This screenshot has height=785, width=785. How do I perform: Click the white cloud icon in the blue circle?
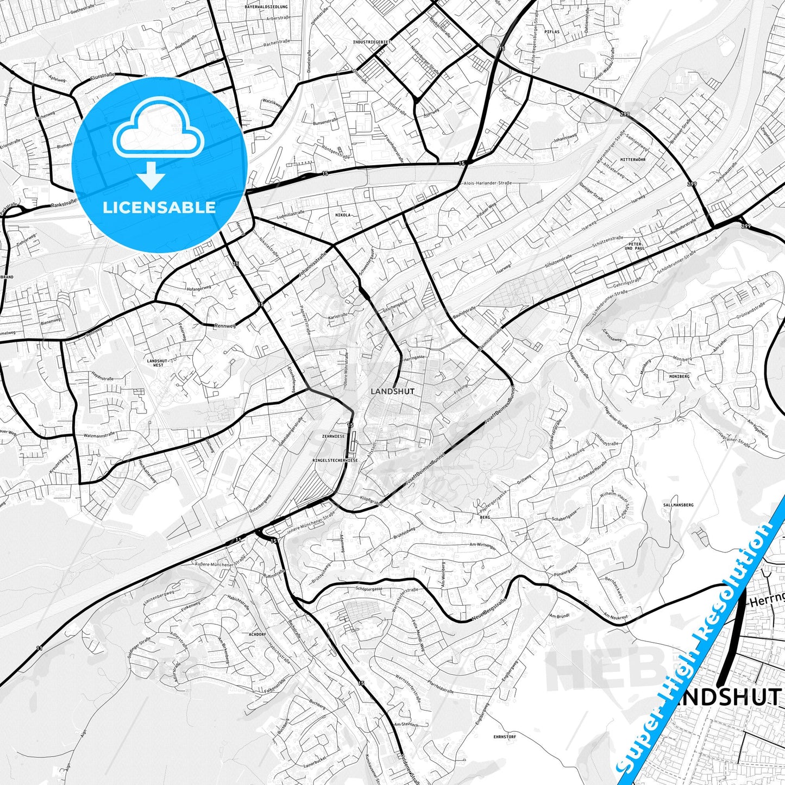[158, 133]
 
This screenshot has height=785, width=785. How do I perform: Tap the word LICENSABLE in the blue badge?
[159, 208]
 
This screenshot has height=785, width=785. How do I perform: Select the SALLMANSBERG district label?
[679, 505]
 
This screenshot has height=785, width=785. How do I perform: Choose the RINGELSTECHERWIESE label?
[335, 460]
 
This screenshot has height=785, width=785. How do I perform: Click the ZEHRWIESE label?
[333, 436]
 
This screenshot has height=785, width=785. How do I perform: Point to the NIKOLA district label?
[342, 215]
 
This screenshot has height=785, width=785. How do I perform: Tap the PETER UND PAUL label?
[635, 246]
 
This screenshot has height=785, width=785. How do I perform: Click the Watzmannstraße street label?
[99, 435]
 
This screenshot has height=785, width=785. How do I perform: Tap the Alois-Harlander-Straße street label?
[488, 184]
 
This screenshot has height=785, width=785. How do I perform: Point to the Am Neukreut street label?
[616, 616]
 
